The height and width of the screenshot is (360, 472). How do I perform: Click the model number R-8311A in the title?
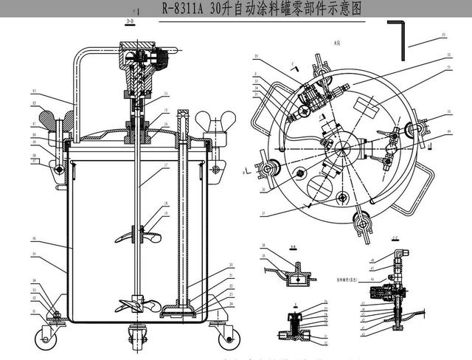[185, 9]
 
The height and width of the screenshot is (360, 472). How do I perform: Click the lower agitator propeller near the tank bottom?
[136, 303]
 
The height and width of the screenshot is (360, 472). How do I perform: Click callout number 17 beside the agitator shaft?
[166, 164]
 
